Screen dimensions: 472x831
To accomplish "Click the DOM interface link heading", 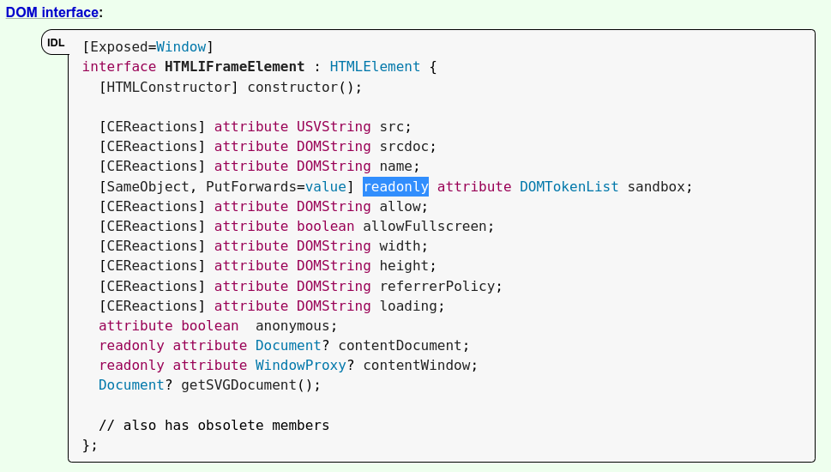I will click(51, 13).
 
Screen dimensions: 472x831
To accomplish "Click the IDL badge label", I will click(56, 42).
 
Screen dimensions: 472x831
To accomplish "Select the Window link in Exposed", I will click(181, 46).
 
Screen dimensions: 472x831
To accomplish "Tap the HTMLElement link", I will click(375, 67).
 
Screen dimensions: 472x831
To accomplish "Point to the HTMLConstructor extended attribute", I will click(169, 87).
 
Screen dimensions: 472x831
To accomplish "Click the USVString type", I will click(334, 126).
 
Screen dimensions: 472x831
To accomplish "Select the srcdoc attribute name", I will click(408, 147).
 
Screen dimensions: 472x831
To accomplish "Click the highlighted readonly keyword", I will click(395, 186).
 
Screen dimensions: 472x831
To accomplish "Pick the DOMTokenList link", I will click(569, 186).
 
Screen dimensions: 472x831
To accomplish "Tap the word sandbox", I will click(659, 186).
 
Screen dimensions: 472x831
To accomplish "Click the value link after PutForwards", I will click(326, 186).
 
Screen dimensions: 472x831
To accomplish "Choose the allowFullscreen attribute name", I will click(429, 227).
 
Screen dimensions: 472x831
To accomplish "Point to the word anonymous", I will click(296, 326).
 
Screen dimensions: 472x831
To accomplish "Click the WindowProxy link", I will click(300, 366).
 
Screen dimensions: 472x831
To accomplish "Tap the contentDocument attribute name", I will click(417, 346).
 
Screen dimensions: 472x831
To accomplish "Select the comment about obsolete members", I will click(214, 426).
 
